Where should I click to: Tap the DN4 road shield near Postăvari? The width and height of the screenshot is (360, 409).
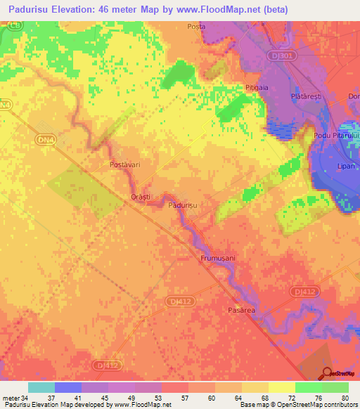[45, 141]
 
